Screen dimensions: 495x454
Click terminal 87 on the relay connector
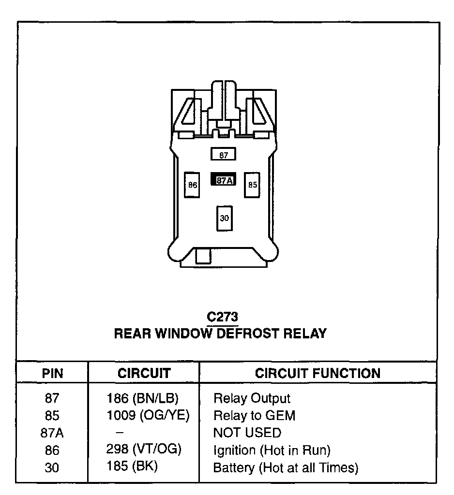point(223,155)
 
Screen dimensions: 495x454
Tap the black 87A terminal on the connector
point(223,180)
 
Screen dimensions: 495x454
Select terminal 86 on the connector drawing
point(193,185)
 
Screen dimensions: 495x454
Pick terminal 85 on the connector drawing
point(253,185)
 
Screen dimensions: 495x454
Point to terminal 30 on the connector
point(224,218)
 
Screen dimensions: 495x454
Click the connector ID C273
point(222,317)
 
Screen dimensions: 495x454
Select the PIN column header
point(52,373)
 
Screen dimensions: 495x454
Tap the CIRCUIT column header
point(144,373)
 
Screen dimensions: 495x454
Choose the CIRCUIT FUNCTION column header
point(318,373)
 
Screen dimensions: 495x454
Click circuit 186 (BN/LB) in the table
point(142,398)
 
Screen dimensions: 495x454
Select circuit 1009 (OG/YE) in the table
point(148,415)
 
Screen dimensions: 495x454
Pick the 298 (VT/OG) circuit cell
point(143,450)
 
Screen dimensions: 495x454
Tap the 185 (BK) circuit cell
point(132,467)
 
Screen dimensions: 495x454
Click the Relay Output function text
point(252,398)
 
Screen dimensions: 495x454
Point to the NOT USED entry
point(247,432)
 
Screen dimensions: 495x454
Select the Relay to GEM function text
point(254,415)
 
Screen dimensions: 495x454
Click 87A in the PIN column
point(52,433)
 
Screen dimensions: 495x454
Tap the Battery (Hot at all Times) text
point(286,467)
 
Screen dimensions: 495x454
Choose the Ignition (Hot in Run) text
point(272,450)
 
